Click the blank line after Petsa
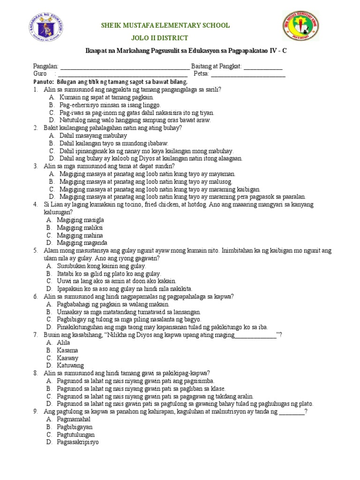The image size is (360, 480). coord(248,74)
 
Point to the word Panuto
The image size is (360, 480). coord(43,82)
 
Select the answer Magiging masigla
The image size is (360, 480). coord(80,220)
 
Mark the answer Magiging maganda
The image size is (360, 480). coord(82,243)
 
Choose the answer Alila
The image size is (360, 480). coord(63,343)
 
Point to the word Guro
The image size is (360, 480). coord(39,74)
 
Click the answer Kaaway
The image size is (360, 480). coord(67,358)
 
